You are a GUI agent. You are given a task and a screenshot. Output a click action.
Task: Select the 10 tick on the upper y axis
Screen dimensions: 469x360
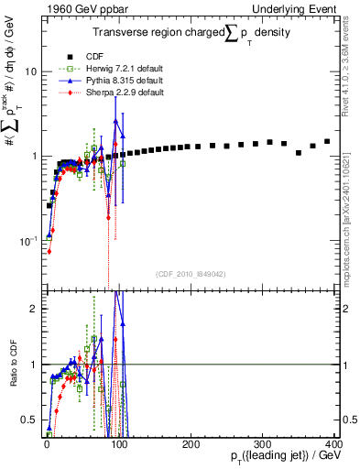(29, 71)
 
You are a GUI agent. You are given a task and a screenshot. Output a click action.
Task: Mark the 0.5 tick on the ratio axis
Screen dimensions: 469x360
(29, 420)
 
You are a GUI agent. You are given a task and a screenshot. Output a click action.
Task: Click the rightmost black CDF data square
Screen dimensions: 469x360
(327, 141)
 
